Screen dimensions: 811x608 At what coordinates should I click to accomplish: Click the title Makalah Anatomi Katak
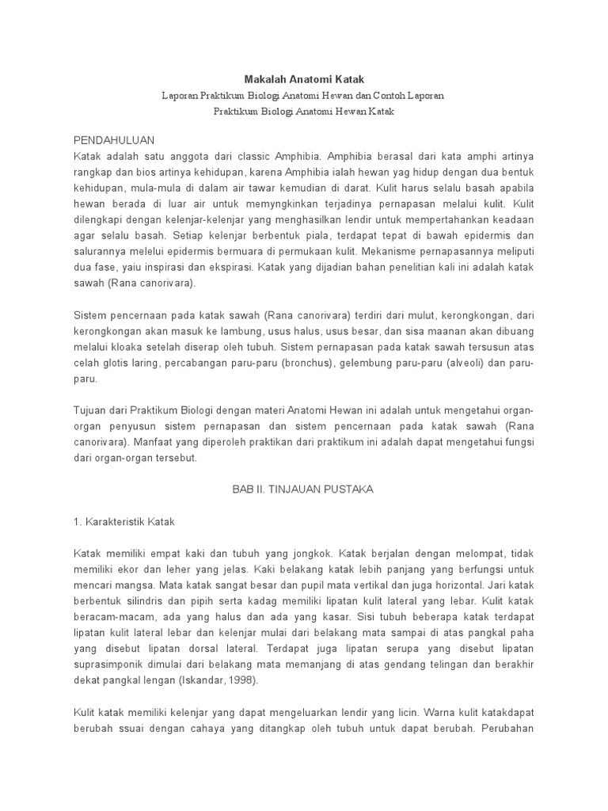(303, 78)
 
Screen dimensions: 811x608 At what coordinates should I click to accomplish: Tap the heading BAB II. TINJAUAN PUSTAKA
(303, 489)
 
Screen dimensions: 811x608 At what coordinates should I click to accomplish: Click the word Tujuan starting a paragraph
(93, 413)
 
